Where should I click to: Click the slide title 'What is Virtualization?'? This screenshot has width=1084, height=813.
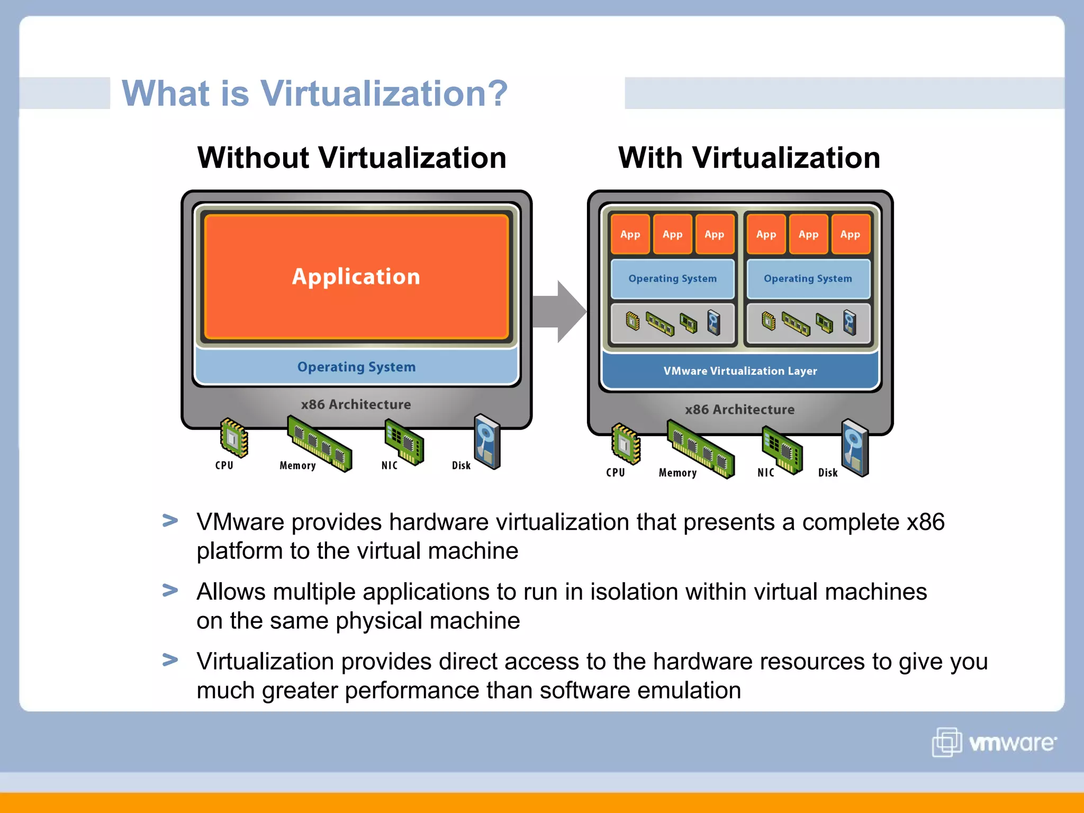click(314, 93)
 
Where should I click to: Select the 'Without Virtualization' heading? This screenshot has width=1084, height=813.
click(351, 158)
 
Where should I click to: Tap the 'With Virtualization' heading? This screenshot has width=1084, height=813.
click(749, 158)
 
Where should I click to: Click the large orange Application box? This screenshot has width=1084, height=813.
click(356, 276)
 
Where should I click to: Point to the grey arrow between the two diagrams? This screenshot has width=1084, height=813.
click(559, 312)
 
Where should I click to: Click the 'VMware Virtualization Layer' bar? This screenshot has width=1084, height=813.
click(740, 371)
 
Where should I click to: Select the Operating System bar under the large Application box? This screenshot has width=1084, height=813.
click(356, 366)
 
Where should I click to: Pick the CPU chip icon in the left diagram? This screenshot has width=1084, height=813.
click(233, 437)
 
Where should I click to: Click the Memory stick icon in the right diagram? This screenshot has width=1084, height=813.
click(700, 449)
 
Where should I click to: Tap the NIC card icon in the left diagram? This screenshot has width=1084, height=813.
click(404, 441)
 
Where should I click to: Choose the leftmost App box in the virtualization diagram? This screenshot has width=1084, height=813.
click(630, 234)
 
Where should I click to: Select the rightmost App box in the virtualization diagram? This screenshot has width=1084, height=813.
click(850, 234)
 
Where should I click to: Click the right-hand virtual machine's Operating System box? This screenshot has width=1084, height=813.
click(808, 278)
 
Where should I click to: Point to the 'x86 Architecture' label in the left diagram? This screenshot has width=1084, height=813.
click(356, 404)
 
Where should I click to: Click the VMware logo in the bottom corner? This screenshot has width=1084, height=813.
click(994, 742)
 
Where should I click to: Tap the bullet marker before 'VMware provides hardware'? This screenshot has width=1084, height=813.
click(170, 521)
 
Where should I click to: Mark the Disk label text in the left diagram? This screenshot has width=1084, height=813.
click(461, 465)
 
